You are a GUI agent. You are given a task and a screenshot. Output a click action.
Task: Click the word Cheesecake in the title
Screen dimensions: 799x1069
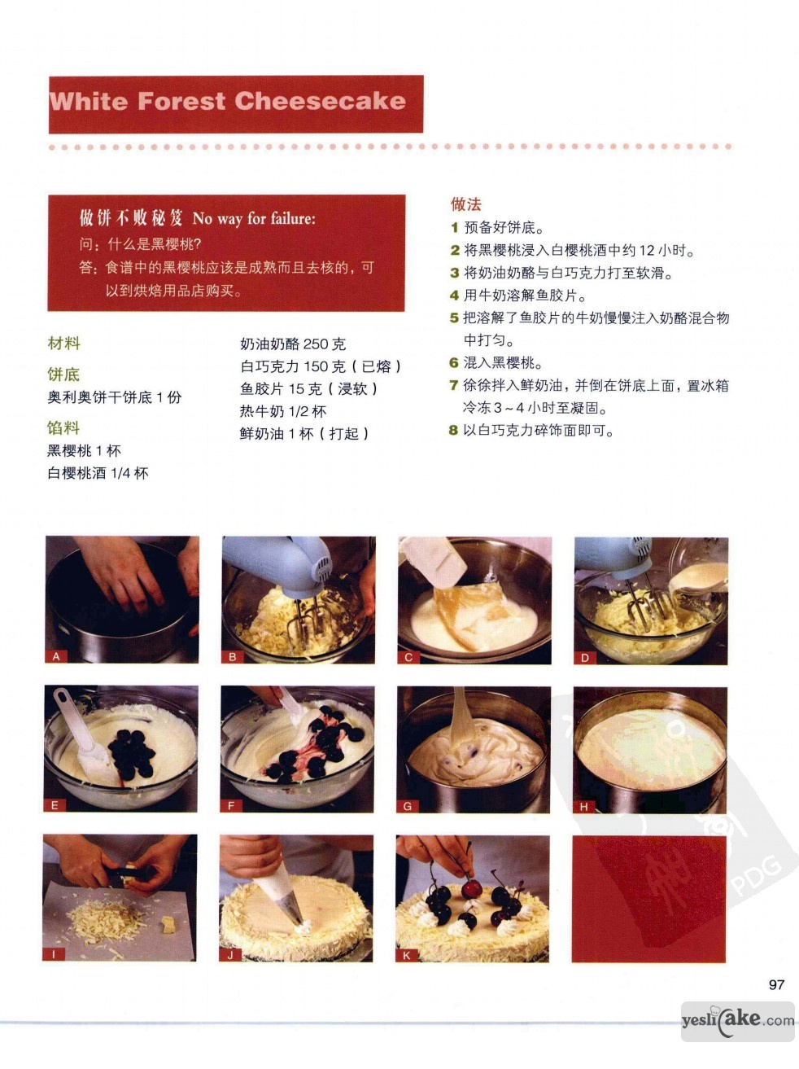pyautogui.click(x=321, y=101)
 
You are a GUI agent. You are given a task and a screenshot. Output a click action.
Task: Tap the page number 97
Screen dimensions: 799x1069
pyautogui.click(x=776, y=985)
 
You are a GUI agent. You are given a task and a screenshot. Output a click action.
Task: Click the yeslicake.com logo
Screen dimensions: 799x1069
pyautogui.click(x=738, y=1020)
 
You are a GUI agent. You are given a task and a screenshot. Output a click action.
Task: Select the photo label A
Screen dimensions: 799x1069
pyautogui.click(x=56, y=656)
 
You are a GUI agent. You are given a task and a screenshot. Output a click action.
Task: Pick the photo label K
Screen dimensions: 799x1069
pyautogui.click(x=406, y=956)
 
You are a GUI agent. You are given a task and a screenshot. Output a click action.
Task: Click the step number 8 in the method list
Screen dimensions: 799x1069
pyautogui.click(x=453, y=431)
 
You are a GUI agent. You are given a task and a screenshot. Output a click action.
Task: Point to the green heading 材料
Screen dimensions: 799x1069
pyautogui.click(x=63, y=344)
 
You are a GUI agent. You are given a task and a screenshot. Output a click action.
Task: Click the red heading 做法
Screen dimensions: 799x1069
pyautogui.click(x=465, y=204)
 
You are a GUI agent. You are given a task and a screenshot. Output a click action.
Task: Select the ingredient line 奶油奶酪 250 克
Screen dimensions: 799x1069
pyautogui.click(x=293, y=344)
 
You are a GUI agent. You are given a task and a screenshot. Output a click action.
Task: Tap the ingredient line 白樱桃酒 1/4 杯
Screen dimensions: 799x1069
pyautogui.click(x=98, y=473)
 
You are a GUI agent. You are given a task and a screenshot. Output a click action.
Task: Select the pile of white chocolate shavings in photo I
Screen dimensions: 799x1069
pyautogui.click(x=106, y=914)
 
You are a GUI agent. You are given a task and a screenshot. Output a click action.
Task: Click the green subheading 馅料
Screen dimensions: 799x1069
pyautogui.click(x=63, y=428)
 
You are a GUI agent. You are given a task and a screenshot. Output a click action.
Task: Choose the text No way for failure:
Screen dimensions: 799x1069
pyautogui.click(x=254, y=219)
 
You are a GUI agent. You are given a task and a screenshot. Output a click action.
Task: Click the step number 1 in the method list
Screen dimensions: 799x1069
pyautogui.click(x=455, y=227)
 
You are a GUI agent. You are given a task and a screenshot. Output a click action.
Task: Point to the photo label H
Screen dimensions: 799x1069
pyautogui.click(x=584, y=807)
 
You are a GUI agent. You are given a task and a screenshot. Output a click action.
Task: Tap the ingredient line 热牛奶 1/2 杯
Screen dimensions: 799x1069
pyautogui.click(x=282, y=411)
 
